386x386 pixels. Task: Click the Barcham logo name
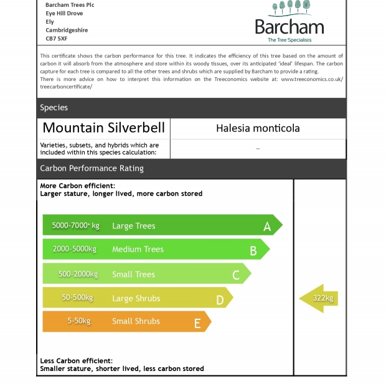[x=289, y=27]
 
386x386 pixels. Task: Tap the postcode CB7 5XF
[x=57, y=39]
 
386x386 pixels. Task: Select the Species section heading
[x=54, y=108]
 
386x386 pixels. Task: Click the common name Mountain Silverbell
[x=104, y=128]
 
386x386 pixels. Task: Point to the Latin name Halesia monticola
[x=258, y=128]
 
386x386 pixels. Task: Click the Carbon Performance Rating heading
[x=92, y=168]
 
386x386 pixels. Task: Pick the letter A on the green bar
[x=267, y=227]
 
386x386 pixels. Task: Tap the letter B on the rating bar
[x=253, y=251]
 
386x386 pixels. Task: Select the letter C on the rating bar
[x=236, y=275]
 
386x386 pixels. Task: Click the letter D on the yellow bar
[x=220, y=300]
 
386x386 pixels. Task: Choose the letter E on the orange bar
[x=197, y=323]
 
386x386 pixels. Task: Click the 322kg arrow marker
[x=319, y=298]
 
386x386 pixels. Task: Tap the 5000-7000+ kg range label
[x=75, y=225]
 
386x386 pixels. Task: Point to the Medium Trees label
[x=138, y=249]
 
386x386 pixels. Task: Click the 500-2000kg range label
[x=78, y=274]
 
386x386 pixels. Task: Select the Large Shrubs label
[x=136, y=298]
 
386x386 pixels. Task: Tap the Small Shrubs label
[x=136, y=321]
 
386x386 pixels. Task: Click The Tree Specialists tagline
[x=289, y=40]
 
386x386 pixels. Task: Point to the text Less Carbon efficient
[x=77, y=360]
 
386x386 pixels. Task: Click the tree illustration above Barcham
[x=290, y=8]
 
